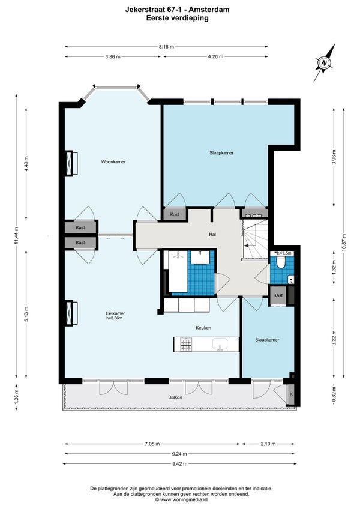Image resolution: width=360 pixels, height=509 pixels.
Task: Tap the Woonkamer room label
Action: click(113, 161)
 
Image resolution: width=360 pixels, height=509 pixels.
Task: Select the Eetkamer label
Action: click(115, 313)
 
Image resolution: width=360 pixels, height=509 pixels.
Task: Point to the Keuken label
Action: click(203, 328)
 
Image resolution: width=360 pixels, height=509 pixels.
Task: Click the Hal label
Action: click(212, 234)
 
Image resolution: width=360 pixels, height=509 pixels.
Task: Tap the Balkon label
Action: click(175, 397)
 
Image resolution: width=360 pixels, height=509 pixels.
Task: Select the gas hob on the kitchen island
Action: click(187, 344)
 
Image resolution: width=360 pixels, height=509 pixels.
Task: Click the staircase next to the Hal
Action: click(255, 239)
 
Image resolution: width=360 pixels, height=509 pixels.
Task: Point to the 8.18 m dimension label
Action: click(166, 47)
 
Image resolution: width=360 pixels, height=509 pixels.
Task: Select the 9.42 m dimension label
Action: click(179, 463)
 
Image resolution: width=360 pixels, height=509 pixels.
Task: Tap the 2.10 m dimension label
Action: click(268, 444)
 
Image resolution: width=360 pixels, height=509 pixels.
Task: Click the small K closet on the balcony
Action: click(291, 394)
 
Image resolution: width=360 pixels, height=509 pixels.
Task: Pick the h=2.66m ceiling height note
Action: click(114, 318)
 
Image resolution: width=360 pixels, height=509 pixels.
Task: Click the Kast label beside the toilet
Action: click(278, 295)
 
